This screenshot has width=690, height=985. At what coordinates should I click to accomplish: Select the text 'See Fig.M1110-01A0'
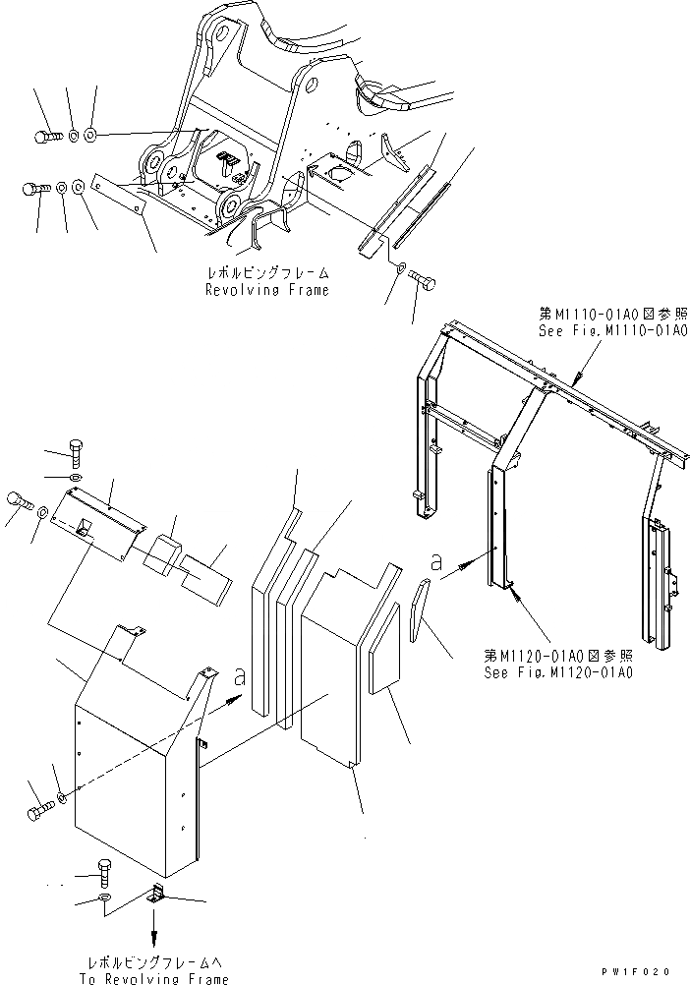tap(612, 331)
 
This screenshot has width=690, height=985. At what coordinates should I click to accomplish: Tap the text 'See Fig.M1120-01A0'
tap(557, 672)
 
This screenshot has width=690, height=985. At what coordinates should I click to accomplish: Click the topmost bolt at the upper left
tap(45, 137)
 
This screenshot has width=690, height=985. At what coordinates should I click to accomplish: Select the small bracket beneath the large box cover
tap(158, 895)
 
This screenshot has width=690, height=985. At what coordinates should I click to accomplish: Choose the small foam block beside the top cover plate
tap(162, 552)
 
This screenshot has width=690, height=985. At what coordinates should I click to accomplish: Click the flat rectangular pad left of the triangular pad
tap(382, 649)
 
